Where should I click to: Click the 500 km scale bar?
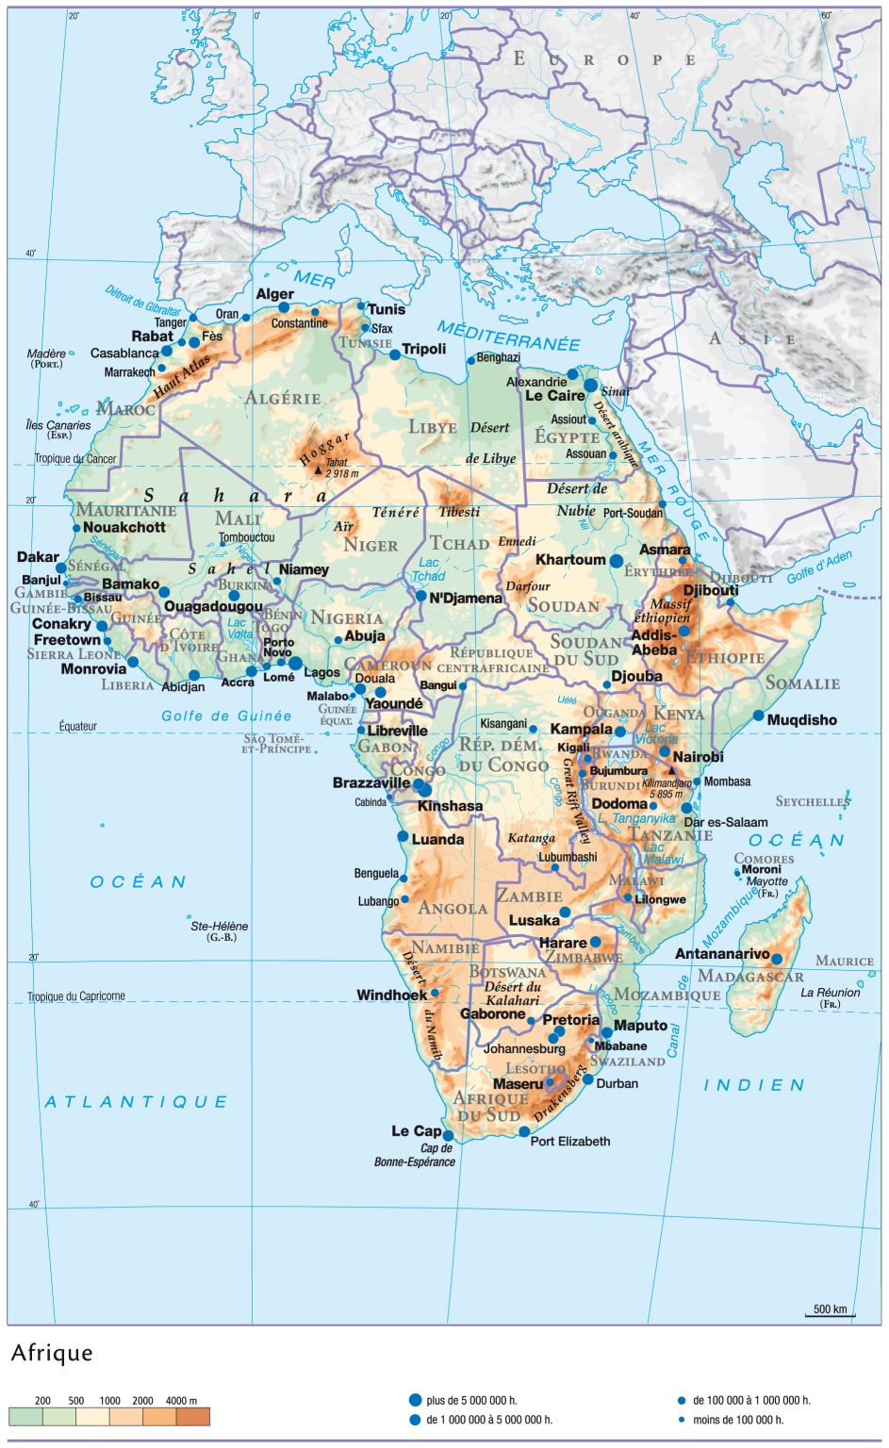[830, 1311]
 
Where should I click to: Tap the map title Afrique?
[52, 1354]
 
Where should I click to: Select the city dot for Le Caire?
[591, 386]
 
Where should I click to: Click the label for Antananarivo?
[722, 954]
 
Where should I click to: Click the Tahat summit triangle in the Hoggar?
[318, 467]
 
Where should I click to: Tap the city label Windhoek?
[391, 995]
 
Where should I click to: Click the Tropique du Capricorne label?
[75, 996]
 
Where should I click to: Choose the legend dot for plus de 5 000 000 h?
[415, 1401]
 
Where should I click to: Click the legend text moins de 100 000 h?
[737, 1420]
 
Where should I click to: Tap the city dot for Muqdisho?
[759, 716]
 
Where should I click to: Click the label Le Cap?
[416, 1131]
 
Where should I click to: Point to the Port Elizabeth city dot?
[524, 1131]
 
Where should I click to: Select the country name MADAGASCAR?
[750, 977]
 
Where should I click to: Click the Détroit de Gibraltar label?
[142, 301]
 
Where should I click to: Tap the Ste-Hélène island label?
[219, 927]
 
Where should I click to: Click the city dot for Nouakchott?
[77, 528]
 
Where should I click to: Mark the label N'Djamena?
[466, 598]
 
